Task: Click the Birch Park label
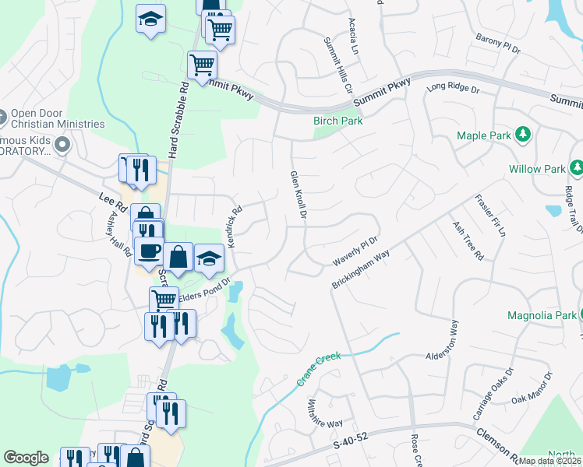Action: pos(338,121)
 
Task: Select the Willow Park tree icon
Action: pos(577,168)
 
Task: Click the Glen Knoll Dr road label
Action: pos(297,196)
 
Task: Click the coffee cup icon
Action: pos(149,251)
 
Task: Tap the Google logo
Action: pos(26,458)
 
